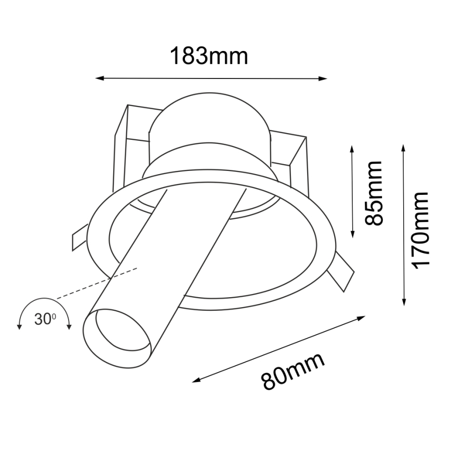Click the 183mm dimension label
click(209, 56)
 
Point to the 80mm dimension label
click(293, 371)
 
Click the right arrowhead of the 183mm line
click(324, 79)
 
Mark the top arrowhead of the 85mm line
click(352, 149)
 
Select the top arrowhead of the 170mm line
click(404, 149)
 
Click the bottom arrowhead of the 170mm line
click(404, 302)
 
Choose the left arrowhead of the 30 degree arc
click(19, 326)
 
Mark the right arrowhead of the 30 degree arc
click(69, 326)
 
